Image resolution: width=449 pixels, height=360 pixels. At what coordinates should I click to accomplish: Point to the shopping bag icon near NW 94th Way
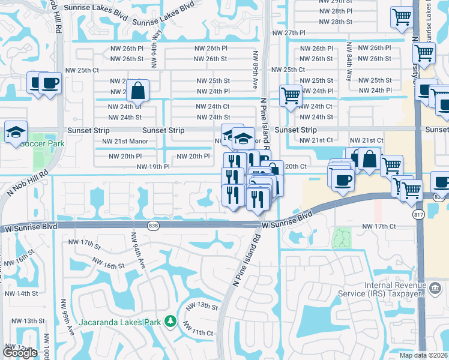pos(137,91)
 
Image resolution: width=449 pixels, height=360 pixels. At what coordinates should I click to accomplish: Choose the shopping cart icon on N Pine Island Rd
pos(291,95)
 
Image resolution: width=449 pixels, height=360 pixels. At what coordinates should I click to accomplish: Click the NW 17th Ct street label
pos(379,226)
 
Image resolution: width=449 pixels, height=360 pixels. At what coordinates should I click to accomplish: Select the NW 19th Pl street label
pos(152,167)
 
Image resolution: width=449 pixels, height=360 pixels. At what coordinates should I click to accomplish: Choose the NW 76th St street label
pos(17,263)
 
